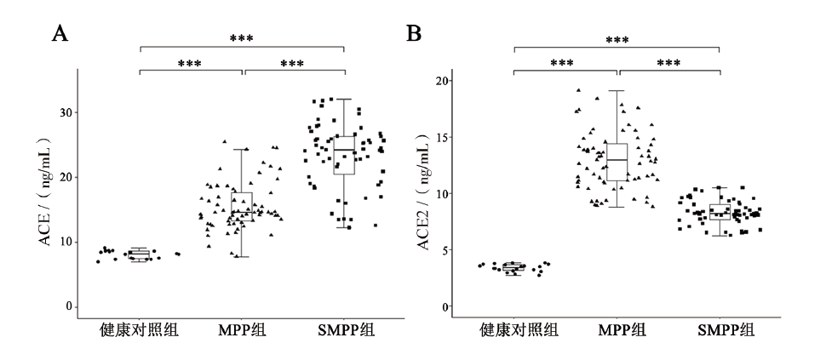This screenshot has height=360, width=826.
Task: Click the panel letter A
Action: pos(60,34)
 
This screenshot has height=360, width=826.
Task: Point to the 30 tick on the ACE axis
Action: pos(65,112)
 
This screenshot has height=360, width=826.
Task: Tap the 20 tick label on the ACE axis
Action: pos(65,177)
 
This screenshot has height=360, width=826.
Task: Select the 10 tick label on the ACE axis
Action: pos(65,242)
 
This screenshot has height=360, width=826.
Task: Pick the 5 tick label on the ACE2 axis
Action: pos(444,250)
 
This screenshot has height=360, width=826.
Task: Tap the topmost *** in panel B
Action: pos(617,40)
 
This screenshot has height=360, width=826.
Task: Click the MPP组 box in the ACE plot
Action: pos(242,207)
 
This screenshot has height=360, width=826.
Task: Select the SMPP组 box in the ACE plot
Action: pos(344,155)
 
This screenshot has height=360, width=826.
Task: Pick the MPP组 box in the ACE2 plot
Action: pos(618,162)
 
